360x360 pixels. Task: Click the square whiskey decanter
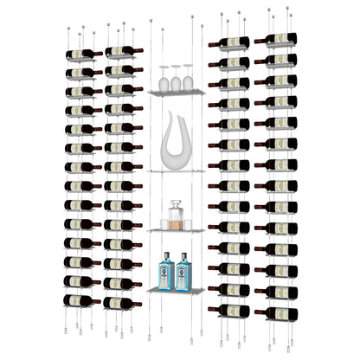pos(176,215)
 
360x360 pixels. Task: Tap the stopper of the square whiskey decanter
pos(176,203)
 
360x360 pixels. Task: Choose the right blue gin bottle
pos(183,272)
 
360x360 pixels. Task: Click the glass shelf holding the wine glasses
pos(176,92)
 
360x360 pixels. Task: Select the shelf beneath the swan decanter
pos(176,170)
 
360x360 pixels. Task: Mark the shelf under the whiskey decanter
pos(176,230)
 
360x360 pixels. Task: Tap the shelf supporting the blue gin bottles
pos(176,291)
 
